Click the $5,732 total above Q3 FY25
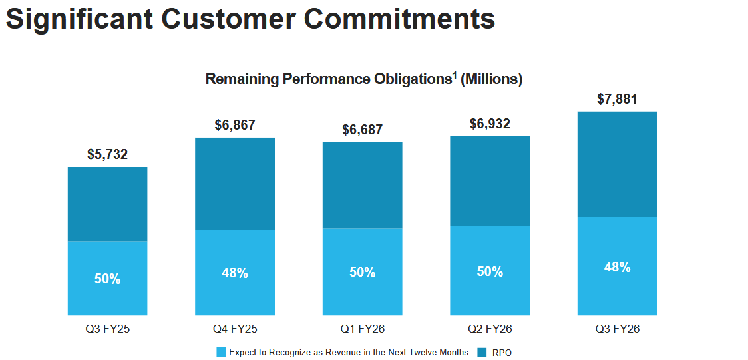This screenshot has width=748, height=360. [x=107, y=155]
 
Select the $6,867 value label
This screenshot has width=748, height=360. [x=235, y=125]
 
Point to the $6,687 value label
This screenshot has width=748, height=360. [x=362, y=130]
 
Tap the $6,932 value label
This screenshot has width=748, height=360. [x=490, y=124]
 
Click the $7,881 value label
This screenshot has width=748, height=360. [x=617, y=100]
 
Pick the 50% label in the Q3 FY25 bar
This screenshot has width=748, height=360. [x=107, y=279]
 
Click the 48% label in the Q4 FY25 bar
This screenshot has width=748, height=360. [x=235, y=273]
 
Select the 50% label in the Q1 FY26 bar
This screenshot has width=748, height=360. [x=362, y=273]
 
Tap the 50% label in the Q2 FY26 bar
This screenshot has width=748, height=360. [x=490, y=271]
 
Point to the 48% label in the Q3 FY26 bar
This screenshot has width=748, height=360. [x=617, y=267]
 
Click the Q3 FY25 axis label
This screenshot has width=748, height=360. [x=107, y=329]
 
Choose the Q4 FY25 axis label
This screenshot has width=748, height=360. [x=235, y=329]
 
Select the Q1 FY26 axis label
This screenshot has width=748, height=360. [x=362, y=329]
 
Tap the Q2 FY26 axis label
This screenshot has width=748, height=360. [x=490, y=329]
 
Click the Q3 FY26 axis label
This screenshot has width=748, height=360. [x=617, y=329]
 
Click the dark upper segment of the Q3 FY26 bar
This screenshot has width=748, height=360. [x=617, y=164]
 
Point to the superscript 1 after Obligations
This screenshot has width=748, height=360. [x=455, y=75]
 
